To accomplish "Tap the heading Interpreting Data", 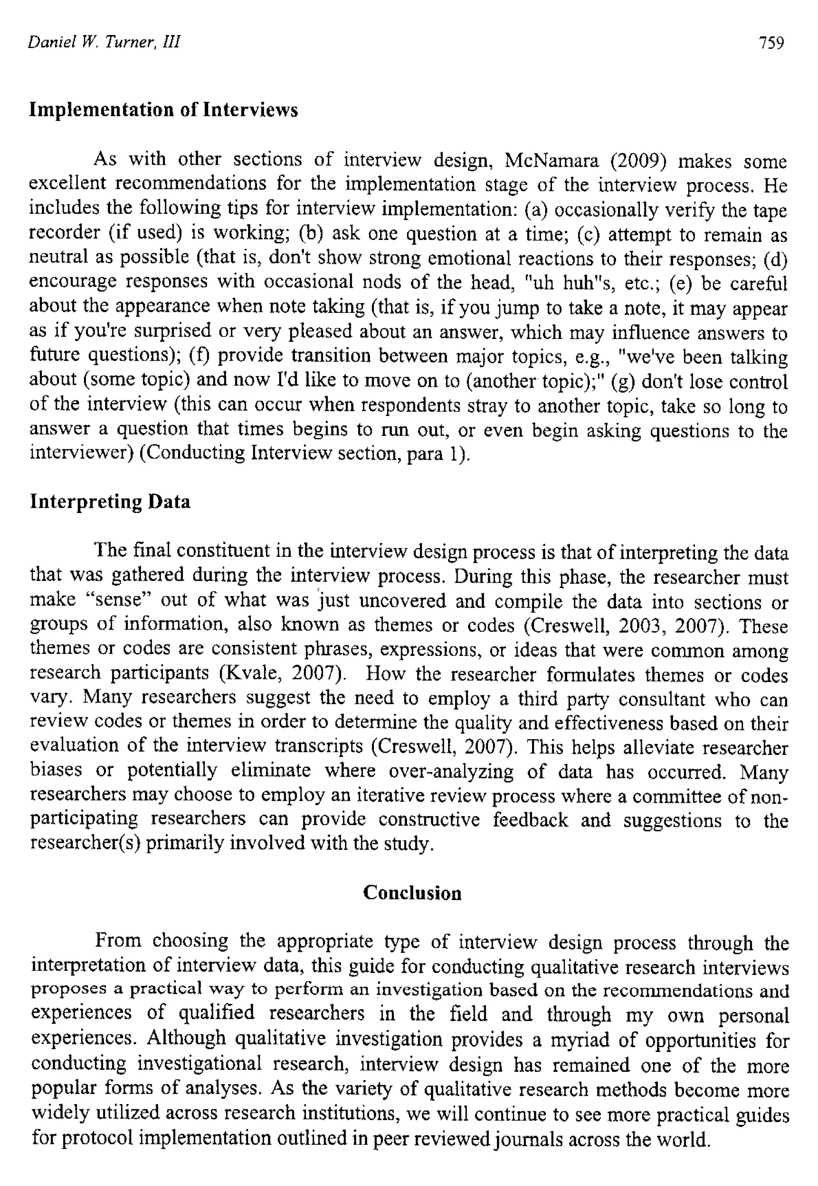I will (110, 502).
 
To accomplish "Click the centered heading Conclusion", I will (412, 893).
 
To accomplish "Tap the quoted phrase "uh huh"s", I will (566, 283).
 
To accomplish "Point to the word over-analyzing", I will (451, 771).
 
